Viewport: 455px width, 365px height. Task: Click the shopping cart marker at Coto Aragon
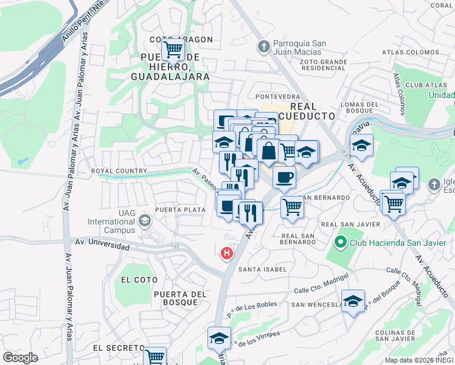[x=173, y=48]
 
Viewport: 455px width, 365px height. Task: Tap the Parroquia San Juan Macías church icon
[x=263, y=46]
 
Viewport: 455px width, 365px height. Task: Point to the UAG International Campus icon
[x=145, y=220]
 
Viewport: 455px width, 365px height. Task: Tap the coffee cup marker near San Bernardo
[x=284, y=178]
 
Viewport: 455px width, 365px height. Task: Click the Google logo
[x=20, y=358]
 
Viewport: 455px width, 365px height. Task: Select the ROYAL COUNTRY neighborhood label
[x=119, y=172]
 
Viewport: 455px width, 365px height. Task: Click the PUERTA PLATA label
[x=179, y=210]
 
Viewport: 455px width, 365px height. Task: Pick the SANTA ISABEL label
[x=262, y=269]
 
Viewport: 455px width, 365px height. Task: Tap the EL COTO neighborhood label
[x=139, y=280]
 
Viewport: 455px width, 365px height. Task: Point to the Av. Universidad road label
[x=102, y=245]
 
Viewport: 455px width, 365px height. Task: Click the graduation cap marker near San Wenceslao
[x=353, y=301]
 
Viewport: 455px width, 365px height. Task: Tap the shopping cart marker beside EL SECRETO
[x=155, y=356]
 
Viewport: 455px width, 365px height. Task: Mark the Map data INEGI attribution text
[x=419, y=360]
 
